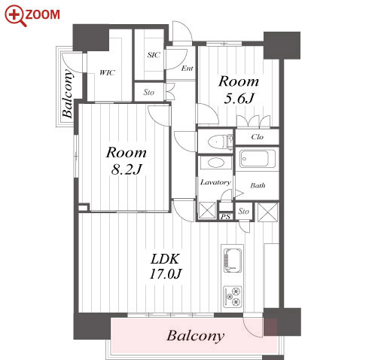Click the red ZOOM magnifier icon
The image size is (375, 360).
point(16,16)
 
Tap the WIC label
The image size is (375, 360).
point(108,73)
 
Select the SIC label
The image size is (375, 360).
point(154,55)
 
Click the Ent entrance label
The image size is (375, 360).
point(187,68)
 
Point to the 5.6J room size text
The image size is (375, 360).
point(239,99)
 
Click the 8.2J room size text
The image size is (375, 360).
point(127,169)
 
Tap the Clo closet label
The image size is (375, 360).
point(258,137)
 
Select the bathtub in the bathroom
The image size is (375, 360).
point(257,159)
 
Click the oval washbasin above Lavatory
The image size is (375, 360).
point(215,163)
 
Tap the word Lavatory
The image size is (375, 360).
point(215,182)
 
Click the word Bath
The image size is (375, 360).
point(258,185)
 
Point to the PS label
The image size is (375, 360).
point(225,217)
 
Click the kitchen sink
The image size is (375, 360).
point(233,261)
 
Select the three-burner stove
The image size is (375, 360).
point(233,297)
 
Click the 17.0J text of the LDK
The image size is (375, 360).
point(166,274)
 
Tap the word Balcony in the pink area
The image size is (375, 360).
point(196,336)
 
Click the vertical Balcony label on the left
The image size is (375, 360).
point(67,94)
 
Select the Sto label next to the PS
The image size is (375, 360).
point(244,212)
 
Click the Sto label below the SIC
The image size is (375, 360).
point(148,93)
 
